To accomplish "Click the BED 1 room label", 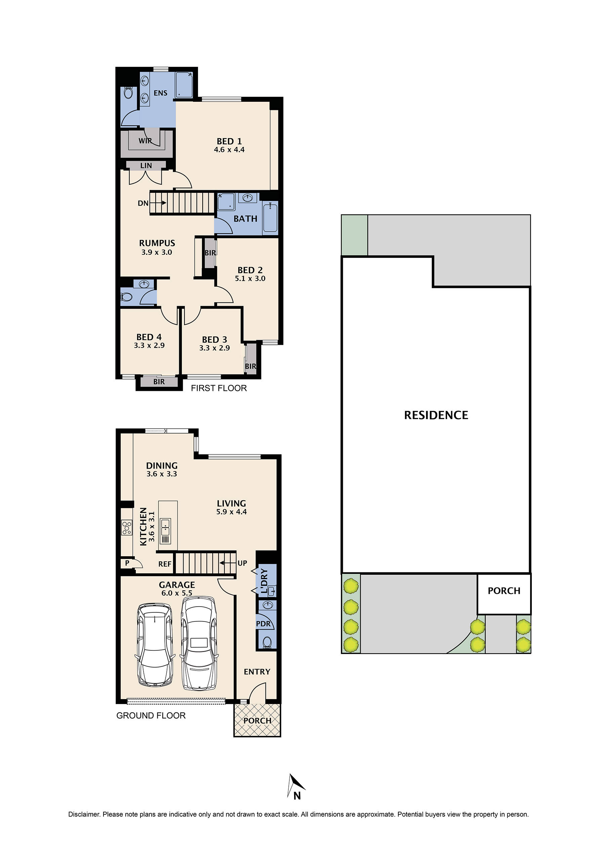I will click(x=229, y=141).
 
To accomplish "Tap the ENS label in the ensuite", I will click(x=161, y=93).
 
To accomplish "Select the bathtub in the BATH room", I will click(x=270, y=217).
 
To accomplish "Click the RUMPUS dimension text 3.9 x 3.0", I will click(x=157, y=252).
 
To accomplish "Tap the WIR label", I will click(x=145, y=141).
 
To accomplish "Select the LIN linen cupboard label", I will click(x=146, y=165).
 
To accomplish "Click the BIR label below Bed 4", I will click(x=159, y=381).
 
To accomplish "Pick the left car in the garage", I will click(x=155, y=645).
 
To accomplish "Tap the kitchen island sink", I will click(x=165, y=526).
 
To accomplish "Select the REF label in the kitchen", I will click(x=165, y=564).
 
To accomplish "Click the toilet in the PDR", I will click(x=267, y=642).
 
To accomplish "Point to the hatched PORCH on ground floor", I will click(x=257, y=721).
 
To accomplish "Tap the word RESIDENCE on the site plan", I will click(x=436, y=415).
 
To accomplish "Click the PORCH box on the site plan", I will click(x=504, y=591).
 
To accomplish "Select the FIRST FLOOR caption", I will click(x=219, y=388).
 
